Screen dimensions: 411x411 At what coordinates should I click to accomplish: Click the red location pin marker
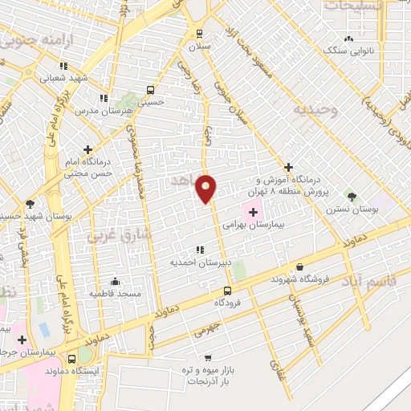[207, 189]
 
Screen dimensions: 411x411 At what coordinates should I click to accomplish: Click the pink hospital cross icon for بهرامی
[254, 213]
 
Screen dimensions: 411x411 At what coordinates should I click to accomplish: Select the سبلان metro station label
[198, 47]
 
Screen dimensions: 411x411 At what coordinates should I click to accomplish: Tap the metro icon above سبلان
[198, 34]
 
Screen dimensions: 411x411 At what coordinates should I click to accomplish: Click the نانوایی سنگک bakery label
[348, 51]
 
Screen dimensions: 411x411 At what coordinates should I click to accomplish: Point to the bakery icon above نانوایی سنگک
[348, 38]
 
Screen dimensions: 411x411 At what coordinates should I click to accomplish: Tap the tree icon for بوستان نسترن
[350, 195]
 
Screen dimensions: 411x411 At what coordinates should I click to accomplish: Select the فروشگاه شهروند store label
[299, 279]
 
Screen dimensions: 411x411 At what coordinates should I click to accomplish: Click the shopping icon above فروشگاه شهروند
[299, 267]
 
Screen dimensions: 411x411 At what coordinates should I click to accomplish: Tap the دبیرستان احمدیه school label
[199, 262]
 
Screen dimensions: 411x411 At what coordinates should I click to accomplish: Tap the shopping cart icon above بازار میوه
[209, 358]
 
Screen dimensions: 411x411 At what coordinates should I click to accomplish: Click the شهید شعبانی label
[61, 78]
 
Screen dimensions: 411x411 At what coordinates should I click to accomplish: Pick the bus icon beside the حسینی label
[150, 90]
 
